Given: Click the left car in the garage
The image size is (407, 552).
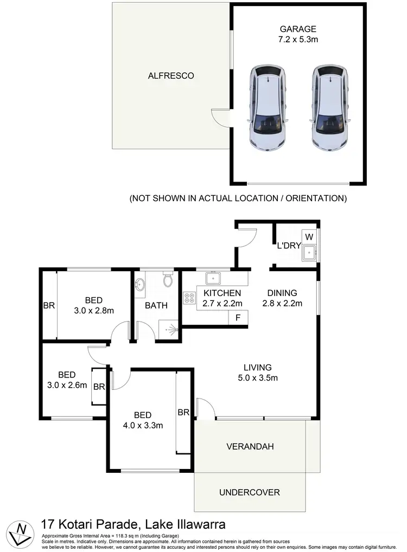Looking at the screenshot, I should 268,109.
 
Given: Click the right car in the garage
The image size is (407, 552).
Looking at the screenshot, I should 329,109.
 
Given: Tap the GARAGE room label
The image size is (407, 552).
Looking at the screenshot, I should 298,29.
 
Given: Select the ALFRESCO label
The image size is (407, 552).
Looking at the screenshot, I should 171,76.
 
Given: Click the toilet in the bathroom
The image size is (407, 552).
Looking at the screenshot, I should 167,280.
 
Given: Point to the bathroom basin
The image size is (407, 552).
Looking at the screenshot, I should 140,285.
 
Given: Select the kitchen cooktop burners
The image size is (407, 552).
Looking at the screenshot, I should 190,298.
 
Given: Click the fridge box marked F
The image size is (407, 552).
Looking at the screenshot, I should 238,318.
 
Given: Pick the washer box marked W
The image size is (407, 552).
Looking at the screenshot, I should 309,236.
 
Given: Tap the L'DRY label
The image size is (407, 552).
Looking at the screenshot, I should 289,246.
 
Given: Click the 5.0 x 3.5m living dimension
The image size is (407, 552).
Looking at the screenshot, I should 257,378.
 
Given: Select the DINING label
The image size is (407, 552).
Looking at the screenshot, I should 282,293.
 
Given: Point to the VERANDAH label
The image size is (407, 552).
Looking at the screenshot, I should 250,447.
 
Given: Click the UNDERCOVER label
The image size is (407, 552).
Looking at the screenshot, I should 250,492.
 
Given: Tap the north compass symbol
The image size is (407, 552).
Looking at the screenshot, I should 21,532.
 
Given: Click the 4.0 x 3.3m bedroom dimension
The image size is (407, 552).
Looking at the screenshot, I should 143,426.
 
